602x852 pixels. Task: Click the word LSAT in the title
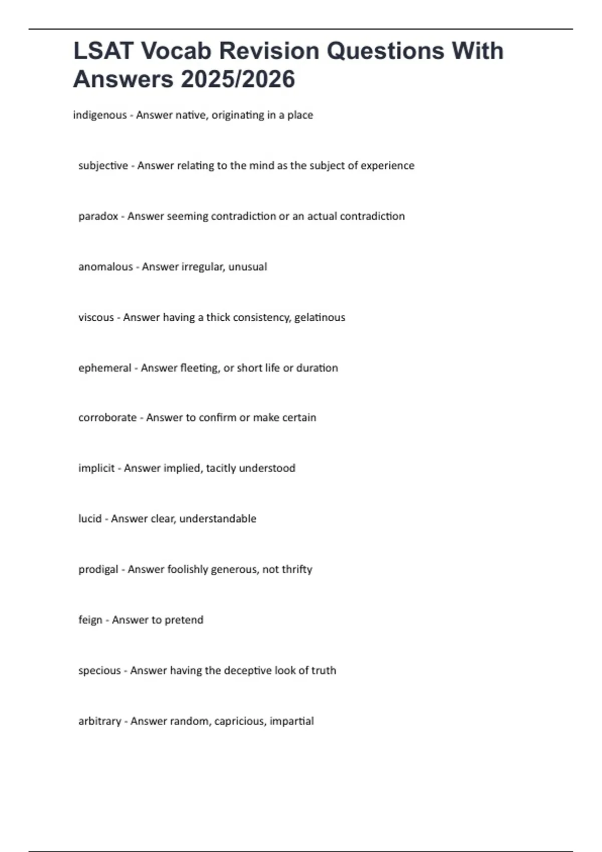(x=103, y=51)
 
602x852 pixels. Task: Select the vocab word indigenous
(x=100, y=115)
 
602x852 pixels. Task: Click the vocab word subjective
(x=103, y=166)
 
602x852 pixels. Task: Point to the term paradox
(x=98, y=217)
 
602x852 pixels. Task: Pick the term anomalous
(x=105, y=267)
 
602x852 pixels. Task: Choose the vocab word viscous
(x=96, y=317)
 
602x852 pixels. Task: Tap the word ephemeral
(x=104, y=368)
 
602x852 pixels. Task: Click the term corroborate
(x=107, y=417)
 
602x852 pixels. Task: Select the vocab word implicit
(x=96, y=468)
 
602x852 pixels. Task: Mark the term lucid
(x=90, y=519)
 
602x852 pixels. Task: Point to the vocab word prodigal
(x=98, y=569)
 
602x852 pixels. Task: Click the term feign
(x=90, y=620)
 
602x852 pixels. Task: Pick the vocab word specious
(x=99, y=671)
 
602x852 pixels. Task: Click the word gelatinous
(x=320, y=317)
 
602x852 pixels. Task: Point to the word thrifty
(x=297, y=569)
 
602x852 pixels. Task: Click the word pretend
(x=184, y=620)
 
